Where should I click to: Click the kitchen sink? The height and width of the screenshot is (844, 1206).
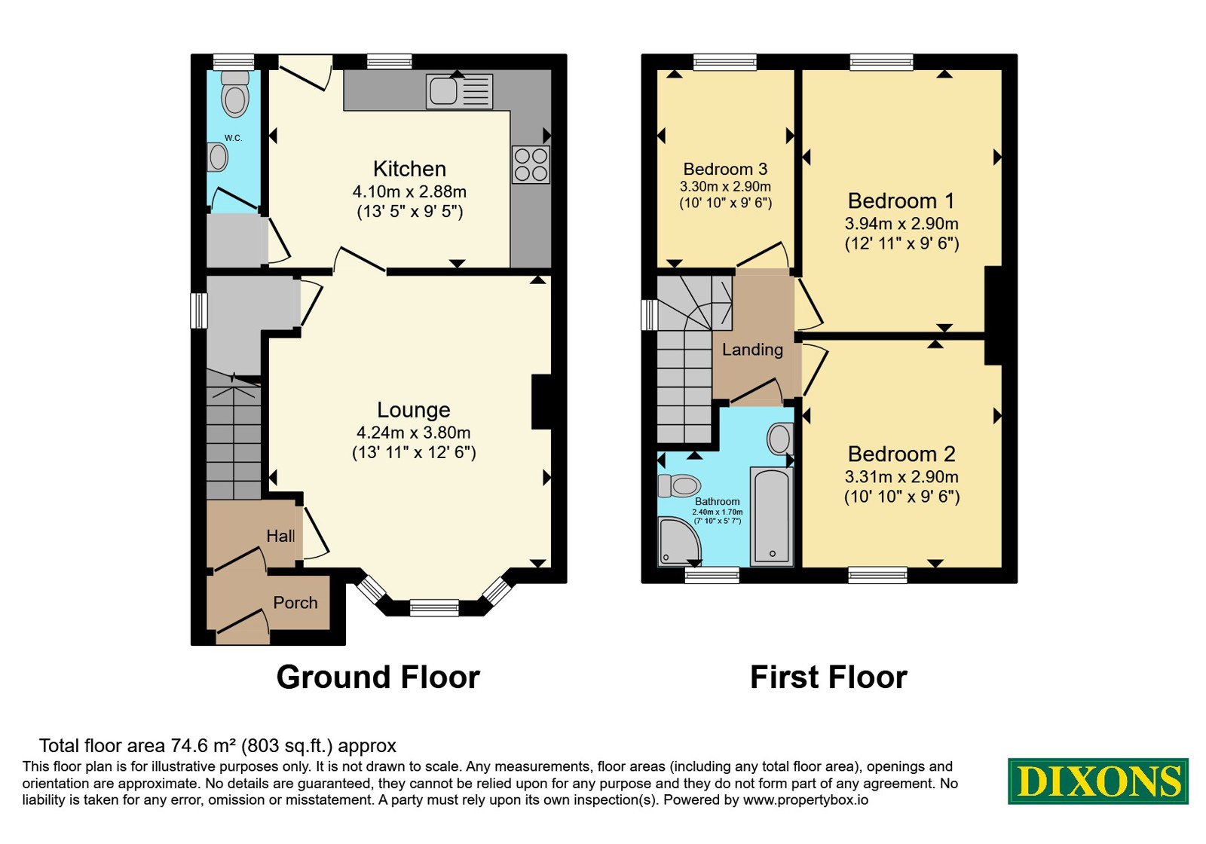click(459, 91)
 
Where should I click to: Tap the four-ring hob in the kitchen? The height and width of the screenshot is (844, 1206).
click(531, 165)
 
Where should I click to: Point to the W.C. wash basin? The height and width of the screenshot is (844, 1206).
click(217, 157)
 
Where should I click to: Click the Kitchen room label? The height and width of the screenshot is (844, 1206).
click(410, 169)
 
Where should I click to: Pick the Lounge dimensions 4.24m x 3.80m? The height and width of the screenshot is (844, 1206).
click(414, 433)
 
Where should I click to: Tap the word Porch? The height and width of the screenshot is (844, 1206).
click(295, 602)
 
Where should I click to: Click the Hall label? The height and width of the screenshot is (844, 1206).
click(280, 536)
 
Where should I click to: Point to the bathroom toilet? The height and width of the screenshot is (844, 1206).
click(679, 486)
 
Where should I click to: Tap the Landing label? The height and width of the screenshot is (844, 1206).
click(752, 350)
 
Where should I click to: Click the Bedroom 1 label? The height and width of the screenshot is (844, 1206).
click(901, 200)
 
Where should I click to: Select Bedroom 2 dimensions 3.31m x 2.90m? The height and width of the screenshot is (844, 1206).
click(901, 477)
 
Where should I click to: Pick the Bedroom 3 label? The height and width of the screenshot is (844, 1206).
click(725, 169)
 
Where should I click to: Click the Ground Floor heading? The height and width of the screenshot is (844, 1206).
click(378, 677)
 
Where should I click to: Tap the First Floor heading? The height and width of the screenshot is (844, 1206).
click(828, 677)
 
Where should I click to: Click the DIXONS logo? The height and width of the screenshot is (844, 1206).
click(1097, 781)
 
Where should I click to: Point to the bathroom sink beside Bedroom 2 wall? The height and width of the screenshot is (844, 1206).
click(780, 439)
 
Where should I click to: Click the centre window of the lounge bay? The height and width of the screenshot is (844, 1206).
click(434, 608)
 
